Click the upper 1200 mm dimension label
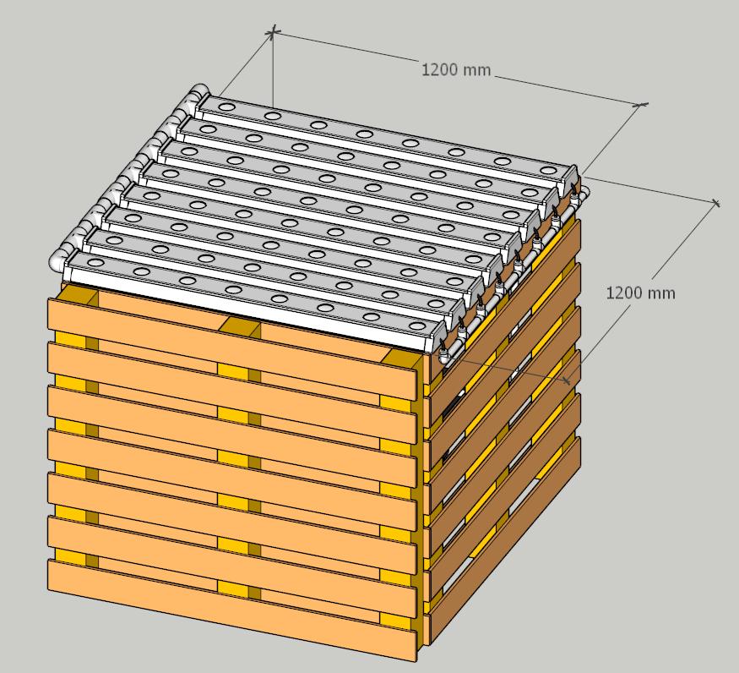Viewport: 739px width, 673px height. point(456,70)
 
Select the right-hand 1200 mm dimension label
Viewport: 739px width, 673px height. point(640,293)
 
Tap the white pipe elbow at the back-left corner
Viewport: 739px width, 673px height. point(199,94)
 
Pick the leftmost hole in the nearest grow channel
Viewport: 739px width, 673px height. point(96,262)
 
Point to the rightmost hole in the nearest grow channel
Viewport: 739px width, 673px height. point(417,326)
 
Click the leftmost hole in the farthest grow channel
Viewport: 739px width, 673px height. point(226,107)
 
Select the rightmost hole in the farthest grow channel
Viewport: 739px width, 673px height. point(547,170)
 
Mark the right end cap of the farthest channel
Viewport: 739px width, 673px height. point(569,177)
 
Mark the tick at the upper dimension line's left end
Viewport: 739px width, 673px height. point(273,32)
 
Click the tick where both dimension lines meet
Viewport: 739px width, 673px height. point(642,104)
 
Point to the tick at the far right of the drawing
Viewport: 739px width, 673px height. point(716,203)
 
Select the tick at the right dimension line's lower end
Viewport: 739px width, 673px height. point(567,380)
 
